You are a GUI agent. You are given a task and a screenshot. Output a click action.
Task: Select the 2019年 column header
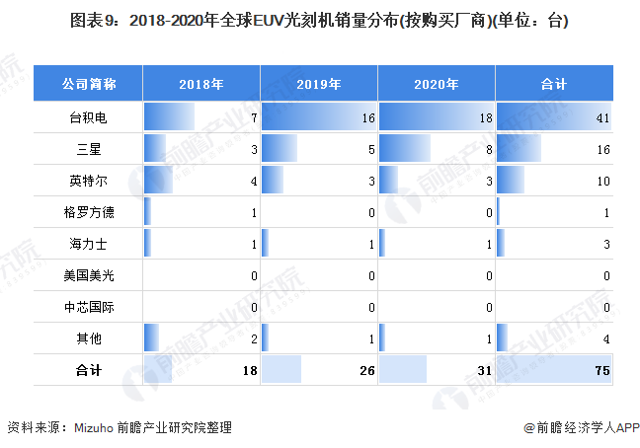point(319,84)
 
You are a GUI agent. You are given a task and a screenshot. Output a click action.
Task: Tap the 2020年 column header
point(437,84)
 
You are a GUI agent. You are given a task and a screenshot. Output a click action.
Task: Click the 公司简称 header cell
point(89,84)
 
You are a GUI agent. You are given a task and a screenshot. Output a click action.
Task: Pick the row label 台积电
point(89,118)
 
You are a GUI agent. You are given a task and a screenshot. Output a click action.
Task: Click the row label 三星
point(89,150)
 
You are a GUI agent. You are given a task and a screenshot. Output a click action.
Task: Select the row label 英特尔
point(89,182)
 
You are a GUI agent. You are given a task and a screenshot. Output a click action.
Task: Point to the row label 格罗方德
point(89,213)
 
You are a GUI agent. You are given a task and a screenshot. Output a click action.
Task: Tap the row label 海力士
point(89,245)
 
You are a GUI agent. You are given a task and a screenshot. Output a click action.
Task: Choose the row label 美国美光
point(89,276)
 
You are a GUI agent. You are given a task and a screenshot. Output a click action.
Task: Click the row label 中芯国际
point(89,308)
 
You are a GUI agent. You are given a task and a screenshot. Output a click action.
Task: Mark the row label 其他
point(89,339)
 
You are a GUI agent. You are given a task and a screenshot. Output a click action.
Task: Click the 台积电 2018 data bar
point(169,118)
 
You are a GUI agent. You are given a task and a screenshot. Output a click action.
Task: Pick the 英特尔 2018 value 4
point(254,182)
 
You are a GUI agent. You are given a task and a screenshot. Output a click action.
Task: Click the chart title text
point(320,21)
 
